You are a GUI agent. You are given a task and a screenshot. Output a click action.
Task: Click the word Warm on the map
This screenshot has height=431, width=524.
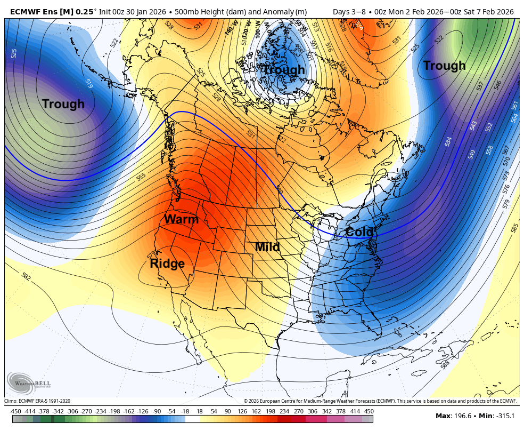(x=181, y=219)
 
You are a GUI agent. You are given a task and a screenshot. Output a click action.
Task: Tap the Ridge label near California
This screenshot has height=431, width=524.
(x=167, y=264)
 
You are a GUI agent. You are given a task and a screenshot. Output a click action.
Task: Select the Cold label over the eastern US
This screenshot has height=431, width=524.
(x=359, y=233)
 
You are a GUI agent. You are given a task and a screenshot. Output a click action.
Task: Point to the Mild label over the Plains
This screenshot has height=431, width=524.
(x=267, y=247)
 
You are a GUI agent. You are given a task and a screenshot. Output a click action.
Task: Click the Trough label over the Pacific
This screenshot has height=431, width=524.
(x=63, y=104)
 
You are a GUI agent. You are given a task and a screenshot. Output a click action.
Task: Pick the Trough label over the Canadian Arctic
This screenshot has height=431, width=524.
(x=284, y=70)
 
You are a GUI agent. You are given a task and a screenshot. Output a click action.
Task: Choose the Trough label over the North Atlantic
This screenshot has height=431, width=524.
(x=444, y=66)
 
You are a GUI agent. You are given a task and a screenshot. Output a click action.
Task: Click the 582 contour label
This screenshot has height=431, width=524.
(x=26, y=276)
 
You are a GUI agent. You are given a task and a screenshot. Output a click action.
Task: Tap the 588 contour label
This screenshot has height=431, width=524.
(x=445, y=365)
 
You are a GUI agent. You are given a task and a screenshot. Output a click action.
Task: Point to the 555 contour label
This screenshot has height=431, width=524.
(x=141, y=177)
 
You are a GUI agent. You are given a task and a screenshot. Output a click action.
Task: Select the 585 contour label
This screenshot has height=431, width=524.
(x=514, y=228)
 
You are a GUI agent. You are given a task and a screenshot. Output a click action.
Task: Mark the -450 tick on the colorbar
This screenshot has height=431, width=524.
(x=15, y=411)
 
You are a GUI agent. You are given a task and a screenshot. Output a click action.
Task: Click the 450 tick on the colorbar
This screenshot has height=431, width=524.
(x=369, y=411)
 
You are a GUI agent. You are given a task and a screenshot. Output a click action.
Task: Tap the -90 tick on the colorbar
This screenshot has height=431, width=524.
(x=157, y=411)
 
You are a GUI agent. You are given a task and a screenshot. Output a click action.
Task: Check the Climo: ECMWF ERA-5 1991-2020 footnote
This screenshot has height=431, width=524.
(x=37, y=401)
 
